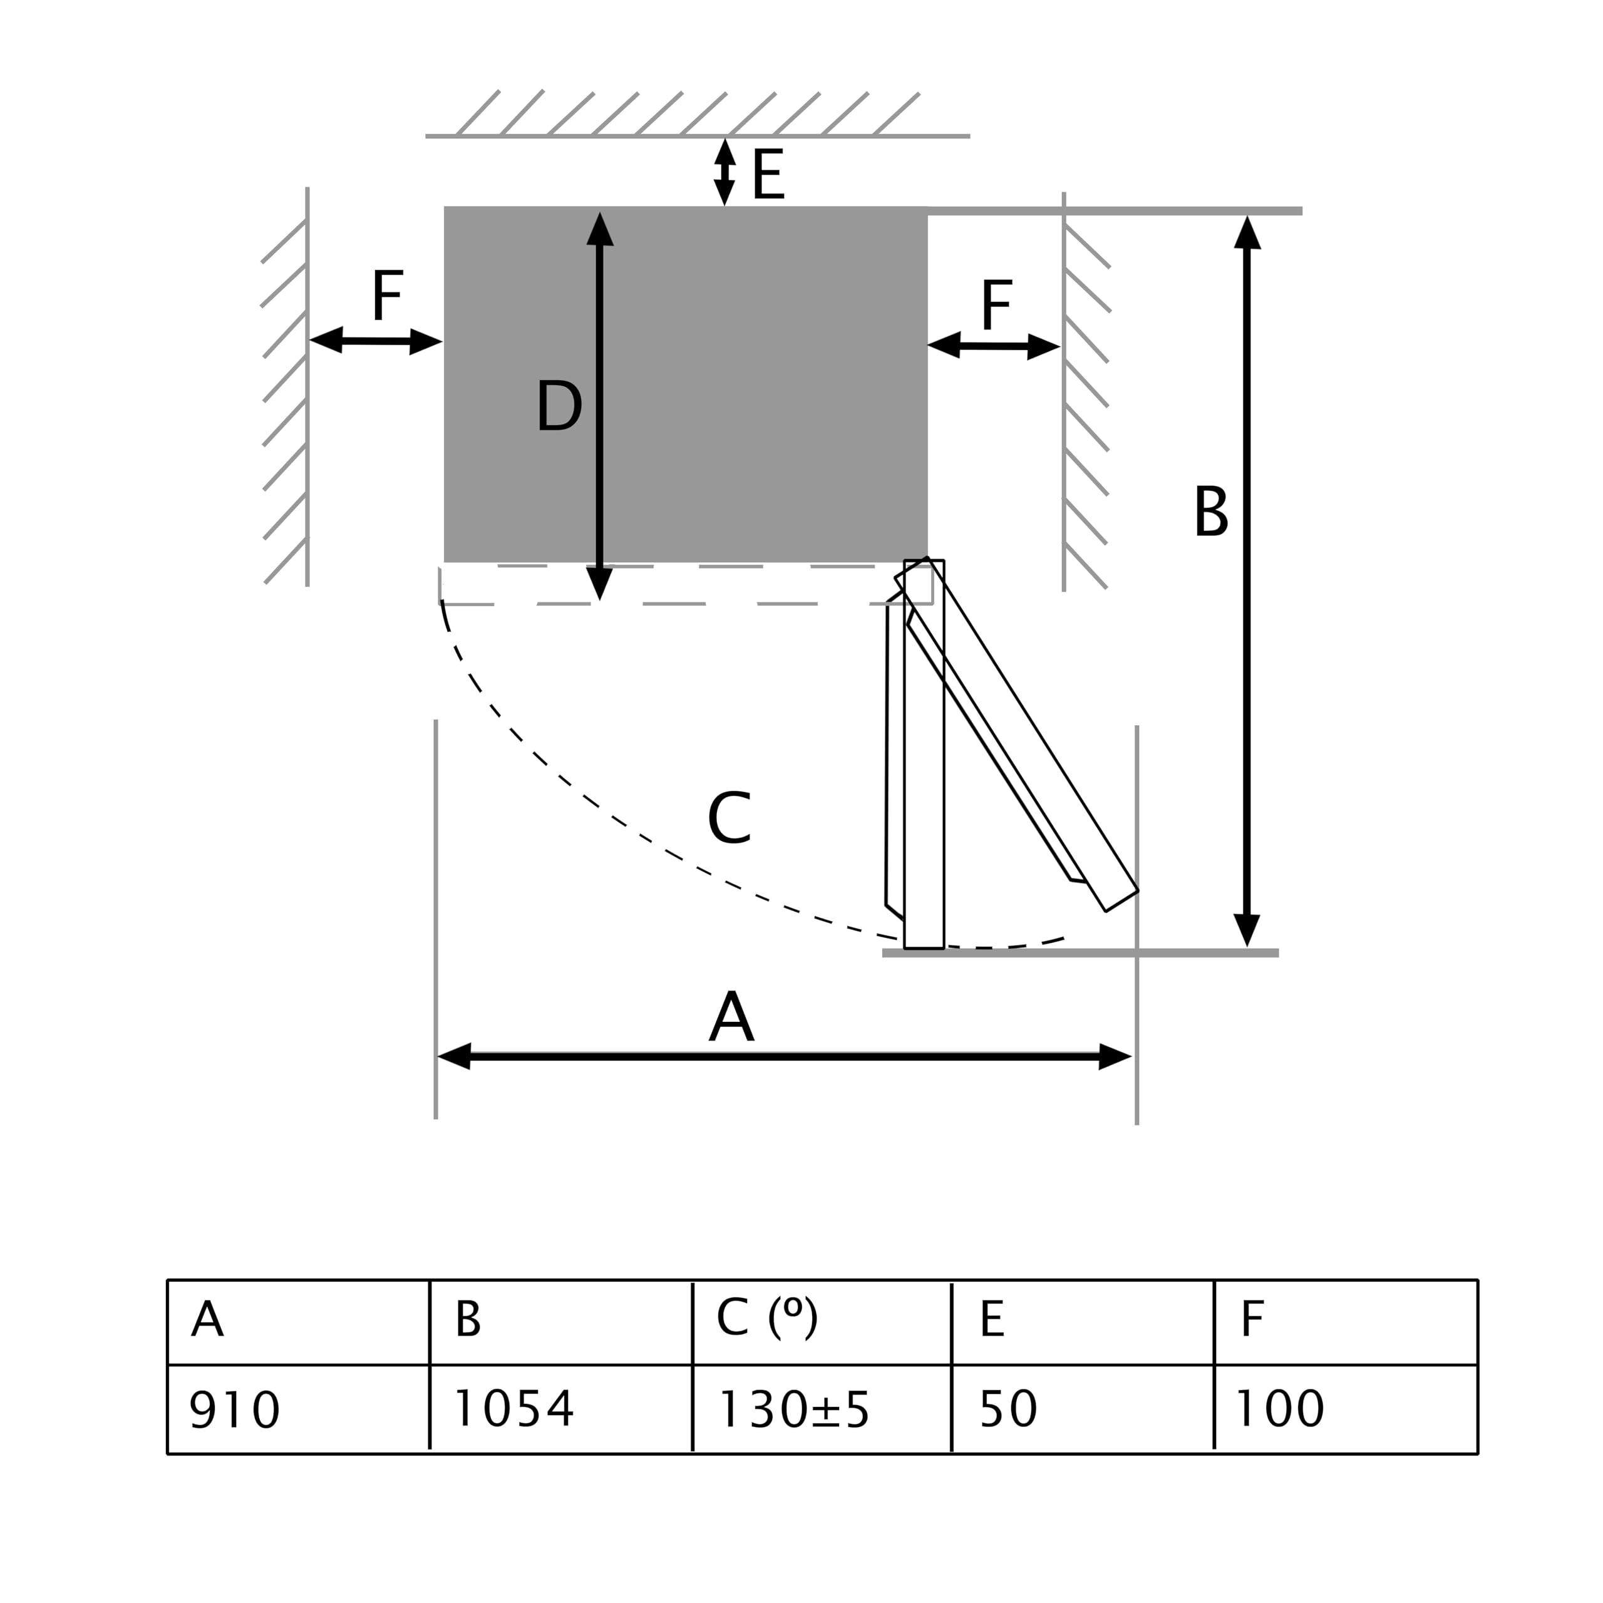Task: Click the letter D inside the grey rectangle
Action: (559, 405)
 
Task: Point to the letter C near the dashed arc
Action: (729, 818)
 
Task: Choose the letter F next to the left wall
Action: (388, 294)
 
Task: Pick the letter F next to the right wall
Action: (996, 304)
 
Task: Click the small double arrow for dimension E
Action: (725, 172)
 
